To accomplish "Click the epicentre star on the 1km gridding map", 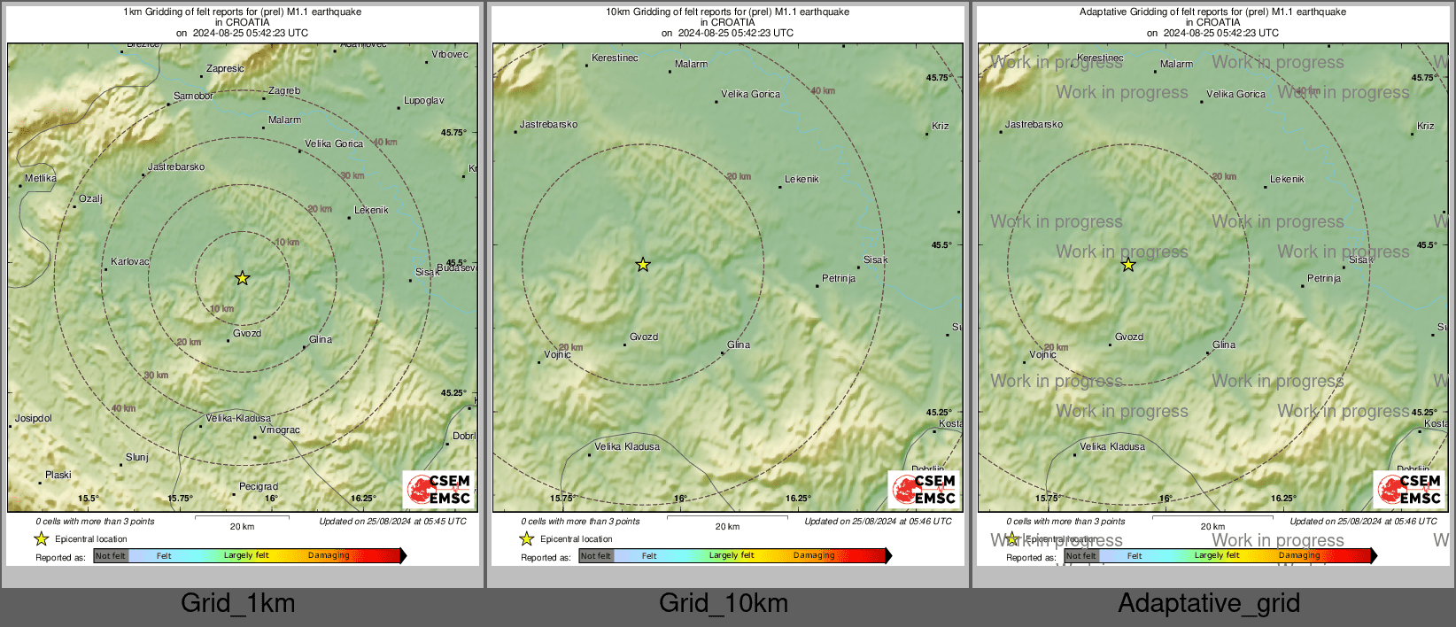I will tap(242, 278).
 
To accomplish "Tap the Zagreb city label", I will tap(284, 91).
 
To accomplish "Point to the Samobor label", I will tap(193, 97).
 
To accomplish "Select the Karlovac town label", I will tap(130, 262).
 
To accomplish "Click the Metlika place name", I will tap(41, 179).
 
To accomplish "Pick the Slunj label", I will tap(137, 458).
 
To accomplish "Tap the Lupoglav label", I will tap(424, 101).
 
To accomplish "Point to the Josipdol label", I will tap(34, 419).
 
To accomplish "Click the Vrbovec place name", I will tap(450, 55).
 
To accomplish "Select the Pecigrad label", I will tap(259, 487).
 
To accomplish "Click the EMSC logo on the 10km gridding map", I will tap(924, 490).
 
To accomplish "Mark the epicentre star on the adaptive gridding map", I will tap(1127, 264).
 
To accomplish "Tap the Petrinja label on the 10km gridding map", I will tap(839, 279).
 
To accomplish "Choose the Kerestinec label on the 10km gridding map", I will tap(615, 58).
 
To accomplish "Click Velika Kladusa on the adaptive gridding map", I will tap(1112, 447).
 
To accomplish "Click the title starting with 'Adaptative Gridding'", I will tap(1212, 12).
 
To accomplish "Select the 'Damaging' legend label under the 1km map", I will tap(329, 556).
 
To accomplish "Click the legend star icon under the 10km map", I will tap(527, 538).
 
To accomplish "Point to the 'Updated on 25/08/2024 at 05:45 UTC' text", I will tap(392, 522).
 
